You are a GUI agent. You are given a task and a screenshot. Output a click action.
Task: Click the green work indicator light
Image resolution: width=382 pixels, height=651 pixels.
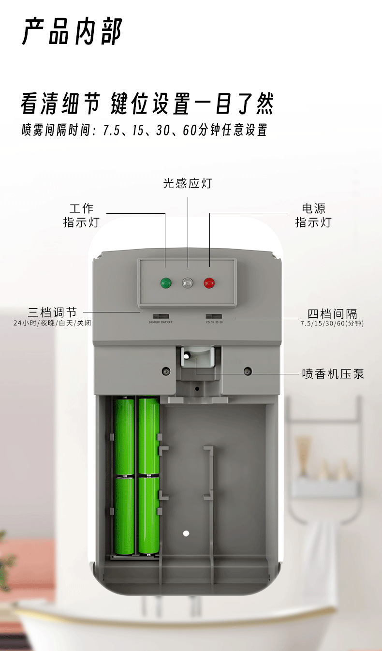166,282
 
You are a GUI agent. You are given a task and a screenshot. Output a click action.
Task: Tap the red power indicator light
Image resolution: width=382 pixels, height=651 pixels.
209,282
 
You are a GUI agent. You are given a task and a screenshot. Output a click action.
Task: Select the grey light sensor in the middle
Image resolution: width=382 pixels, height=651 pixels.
188,282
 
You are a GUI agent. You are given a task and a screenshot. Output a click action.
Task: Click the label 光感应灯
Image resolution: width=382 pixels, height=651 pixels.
188,183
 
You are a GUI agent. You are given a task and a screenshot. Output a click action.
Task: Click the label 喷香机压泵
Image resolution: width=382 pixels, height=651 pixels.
333,374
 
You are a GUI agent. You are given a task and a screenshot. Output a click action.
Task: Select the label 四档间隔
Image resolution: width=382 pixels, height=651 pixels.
332,313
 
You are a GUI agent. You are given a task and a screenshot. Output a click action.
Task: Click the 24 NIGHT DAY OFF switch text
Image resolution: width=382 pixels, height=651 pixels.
160,322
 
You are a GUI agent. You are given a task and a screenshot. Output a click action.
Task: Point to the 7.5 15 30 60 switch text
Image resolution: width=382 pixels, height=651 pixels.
214,322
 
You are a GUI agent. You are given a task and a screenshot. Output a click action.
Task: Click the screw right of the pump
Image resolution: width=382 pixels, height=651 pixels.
248,371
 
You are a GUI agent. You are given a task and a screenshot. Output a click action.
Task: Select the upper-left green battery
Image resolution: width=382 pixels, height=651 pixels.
125,436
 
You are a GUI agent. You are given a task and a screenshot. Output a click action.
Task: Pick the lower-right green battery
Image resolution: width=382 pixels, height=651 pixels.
148,515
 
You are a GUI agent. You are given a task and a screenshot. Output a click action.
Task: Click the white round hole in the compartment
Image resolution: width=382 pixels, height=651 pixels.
186,533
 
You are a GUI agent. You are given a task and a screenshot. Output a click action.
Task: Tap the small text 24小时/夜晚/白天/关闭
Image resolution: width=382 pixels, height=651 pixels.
52,323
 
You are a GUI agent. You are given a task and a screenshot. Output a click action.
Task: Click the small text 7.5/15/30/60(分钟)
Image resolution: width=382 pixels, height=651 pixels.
332,323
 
